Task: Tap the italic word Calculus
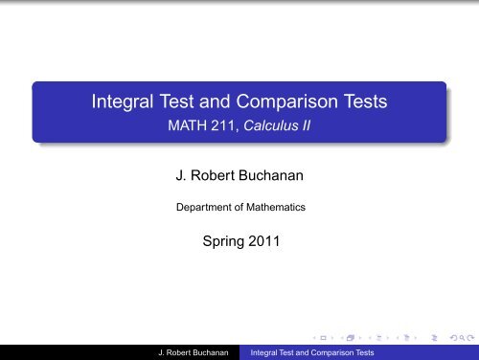point(273,126)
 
